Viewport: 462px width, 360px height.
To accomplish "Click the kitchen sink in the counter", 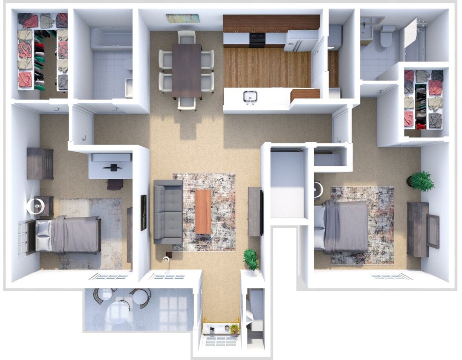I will pyautogui.click(x=250, y=97).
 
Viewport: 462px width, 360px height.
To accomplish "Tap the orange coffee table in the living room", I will pyautogui.click(x=203, y=211).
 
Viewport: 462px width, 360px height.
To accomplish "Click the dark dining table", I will pyautogui.click(x=187, y=70).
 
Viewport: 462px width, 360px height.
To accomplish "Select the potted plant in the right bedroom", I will pyautogui.click(x=421, y=181).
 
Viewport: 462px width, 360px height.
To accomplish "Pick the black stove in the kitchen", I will pyautogui.click(x=257, y=40).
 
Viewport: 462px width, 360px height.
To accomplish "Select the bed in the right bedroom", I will pyautogui.click(x=343, y=226).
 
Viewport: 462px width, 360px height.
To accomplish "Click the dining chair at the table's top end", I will pyautogui.click(x=187, y=37).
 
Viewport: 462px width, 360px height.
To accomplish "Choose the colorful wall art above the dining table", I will pyautogui.click(x=182, y=18).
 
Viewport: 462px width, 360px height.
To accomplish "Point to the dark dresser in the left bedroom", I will pyautogui.click(x=40, y=163).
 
